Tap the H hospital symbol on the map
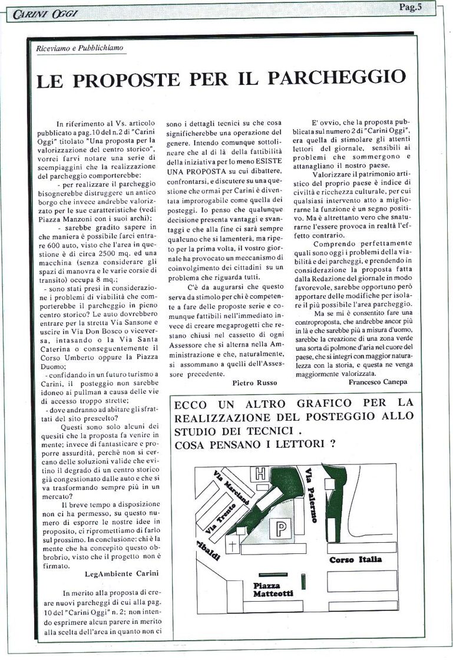(259, 473)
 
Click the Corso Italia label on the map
(355, 559)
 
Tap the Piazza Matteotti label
(273, 589)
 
